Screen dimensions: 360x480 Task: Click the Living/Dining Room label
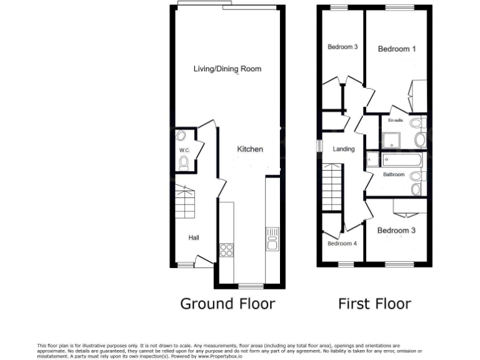pyautogui.click(x=227, y=69)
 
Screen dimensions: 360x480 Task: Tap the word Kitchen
pyautogui.click(x=250, y=149)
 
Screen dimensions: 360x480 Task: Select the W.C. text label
pyautogui.click(x=184, y=151)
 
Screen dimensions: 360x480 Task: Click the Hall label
pyautogui.click(x=194, y=237)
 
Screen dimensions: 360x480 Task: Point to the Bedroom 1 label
pyautogui.click(x=397, y=49)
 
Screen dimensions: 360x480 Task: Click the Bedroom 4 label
pyautogui.click(x=342, y=244)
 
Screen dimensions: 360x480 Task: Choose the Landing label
pyautogui.click(x=344, y=149)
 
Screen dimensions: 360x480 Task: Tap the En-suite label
pyautogui.click(x=395, y=120)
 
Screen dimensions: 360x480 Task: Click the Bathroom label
pyautogui.click(x=394, y=175)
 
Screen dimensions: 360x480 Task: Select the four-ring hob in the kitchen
pyautogui.click(x=226, y=250)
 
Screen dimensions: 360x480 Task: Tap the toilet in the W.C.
pyautogui.click(x=184, y=163)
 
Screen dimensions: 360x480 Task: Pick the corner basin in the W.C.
pyautogui.click(x=181, y=137)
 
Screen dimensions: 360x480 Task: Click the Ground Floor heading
pyautogui.click(x=227, y=304)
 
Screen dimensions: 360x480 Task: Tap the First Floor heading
pyautogui.click(x=374, y=304)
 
